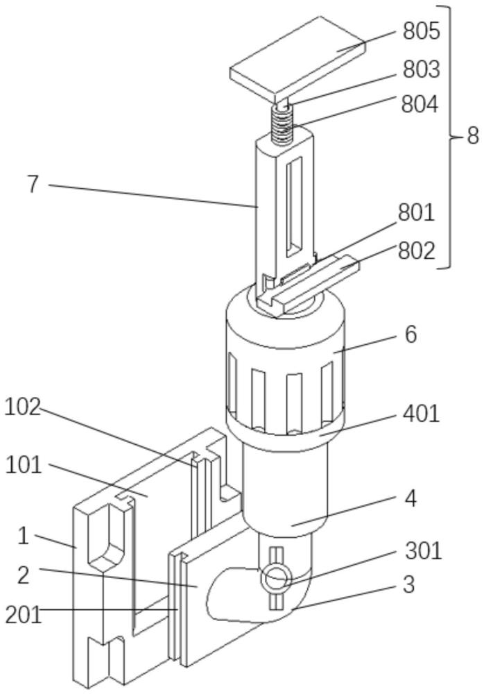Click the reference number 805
421,31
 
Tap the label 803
421,69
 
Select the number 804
420,105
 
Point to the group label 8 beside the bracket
472,135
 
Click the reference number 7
33,184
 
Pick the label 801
416,212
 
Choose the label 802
416,251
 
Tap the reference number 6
410,335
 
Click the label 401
421,414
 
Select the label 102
22,407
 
